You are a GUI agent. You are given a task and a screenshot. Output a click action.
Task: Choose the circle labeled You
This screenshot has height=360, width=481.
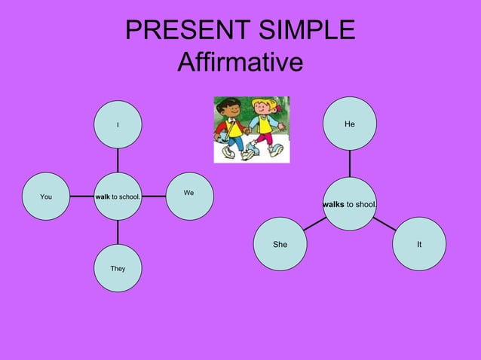pos(46,197)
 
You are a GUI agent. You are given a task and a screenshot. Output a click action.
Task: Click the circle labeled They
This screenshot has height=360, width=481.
pos(118,268)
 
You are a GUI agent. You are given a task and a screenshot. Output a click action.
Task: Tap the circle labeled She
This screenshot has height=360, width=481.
pos(280,245)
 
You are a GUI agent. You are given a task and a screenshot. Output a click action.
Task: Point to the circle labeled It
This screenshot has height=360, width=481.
pos(419,245)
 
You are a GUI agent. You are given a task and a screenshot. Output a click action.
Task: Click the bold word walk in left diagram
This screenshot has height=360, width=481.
pos(103,197)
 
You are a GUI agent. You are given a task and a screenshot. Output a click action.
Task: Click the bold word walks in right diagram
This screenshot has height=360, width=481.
pos(333,204)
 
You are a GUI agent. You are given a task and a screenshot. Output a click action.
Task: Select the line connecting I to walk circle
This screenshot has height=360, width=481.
pos(118,160)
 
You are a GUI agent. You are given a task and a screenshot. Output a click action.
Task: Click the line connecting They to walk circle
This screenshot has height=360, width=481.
pos(118,232)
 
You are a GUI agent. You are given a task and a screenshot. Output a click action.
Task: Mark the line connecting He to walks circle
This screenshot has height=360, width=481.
pos(350,162)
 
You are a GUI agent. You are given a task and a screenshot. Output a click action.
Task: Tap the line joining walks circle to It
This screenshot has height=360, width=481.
pos(384,223)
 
